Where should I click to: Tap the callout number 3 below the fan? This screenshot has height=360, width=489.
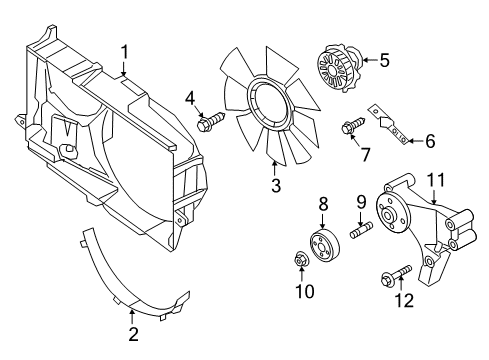click(x=276, y=184)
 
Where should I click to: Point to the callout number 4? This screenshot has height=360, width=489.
click(x=189, y=97)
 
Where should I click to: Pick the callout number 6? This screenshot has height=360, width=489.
click(x=430, y=142)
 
